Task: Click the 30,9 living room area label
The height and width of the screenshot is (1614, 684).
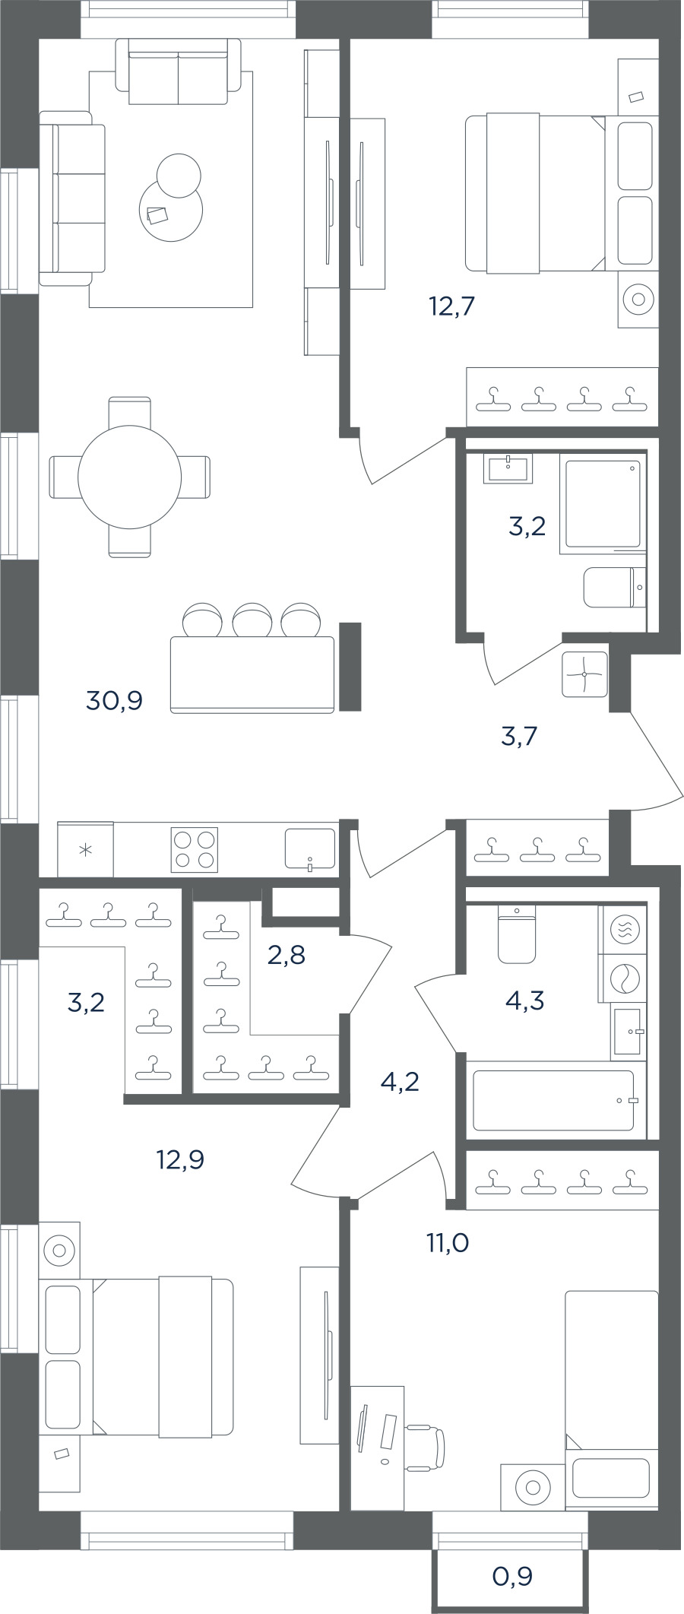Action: click(x=115, y=700)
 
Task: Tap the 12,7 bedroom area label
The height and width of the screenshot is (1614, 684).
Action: click(x=451, y=306)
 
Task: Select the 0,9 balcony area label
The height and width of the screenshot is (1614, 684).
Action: click(x=512, y=1577)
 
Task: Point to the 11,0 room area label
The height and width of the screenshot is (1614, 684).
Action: click(x=447, y=1243)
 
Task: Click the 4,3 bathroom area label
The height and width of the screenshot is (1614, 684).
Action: click(x=524, y=1001)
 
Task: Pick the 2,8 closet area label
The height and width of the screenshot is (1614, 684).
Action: click(x=287, y=954)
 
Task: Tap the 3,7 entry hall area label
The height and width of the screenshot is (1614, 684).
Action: click(x=520, y=736)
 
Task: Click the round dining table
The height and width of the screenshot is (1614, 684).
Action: click(x=130, y=477)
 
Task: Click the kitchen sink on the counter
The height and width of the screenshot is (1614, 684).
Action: click(x=310, y=848)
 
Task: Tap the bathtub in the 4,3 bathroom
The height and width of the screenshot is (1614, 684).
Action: click(x=554, y=1100)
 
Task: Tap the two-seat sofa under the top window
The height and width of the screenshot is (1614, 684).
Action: click(x=178, y=72)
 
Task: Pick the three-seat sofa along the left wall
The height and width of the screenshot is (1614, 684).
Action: click(x=72, y=198)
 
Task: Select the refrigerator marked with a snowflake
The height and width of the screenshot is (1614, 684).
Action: click(x=85, y=849)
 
